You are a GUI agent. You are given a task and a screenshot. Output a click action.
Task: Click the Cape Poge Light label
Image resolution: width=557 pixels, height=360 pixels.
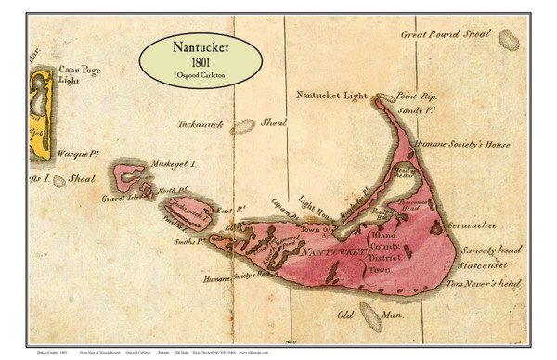(x=81, y=75)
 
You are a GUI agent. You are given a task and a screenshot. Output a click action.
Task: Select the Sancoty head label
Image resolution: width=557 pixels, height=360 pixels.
(x=488, y=249)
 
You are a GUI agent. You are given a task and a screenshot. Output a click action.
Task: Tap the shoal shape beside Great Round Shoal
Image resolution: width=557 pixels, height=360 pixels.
(x=510, y=39)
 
